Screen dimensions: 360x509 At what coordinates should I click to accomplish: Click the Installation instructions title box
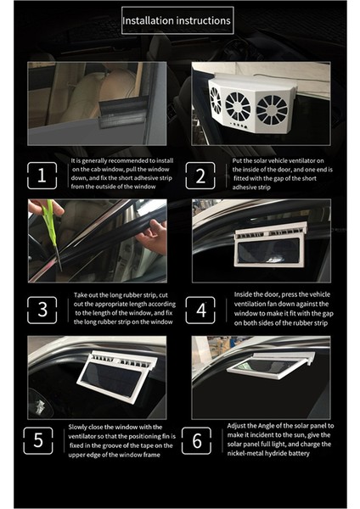[177, 20]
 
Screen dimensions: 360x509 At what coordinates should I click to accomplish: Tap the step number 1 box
[42, 176]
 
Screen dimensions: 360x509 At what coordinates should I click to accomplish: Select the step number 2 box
[200, 176]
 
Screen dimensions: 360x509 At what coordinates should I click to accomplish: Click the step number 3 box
[42, 310]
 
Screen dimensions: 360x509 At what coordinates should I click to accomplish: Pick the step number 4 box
[200, 310]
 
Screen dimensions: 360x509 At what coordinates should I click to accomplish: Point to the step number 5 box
[38, 440]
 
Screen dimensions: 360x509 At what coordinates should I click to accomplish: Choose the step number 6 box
[196, 440]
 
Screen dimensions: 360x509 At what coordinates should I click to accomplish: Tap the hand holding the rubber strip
[152, 237]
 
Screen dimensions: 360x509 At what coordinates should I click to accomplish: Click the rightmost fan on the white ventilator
[273, 110]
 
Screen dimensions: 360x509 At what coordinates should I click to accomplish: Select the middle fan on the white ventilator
[238, 107]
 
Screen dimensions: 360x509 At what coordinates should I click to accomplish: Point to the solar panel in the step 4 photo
[268, 251]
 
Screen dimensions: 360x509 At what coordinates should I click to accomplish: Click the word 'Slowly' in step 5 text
[77, 427]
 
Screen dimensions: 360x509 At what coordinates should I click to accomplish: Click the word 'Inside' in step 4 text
[243, 294]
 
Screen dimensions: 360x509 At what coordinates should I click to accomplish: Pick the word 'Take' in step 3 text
[81, 295]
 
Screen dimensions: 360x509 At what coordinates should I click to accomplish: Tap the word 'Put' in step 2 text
[237, 160]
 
